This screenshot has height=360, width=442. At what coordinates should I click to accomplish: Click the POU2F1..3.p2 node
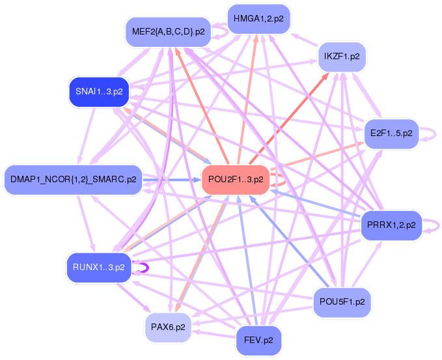tap(236, 179)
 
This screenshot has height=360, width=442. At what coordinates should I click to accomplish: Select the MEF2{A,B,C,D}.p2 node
tap(168, 31)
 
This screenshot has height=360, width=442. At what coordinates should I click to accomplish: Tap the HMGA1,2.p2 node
tap(258, 18)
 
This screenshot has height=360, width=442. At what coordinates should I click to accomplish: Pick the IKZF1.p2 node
tap(340, 57)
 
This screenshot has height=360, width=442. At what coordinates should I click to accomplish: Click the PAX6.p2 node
tap(168, 327)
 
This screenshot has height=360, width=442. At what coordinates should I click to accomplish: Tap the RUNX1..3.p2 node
tap(99, 267)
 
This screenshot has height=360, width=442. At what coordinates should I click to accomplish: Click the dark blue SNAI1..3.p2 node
tap(99, 92)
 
